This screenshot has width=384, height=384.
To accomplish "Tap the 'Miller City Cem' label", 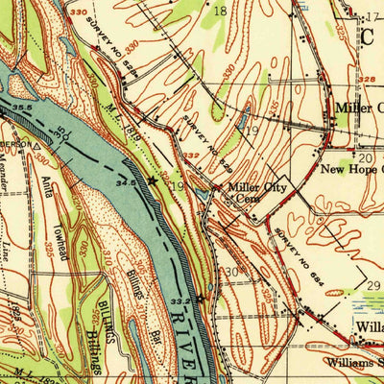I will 243,195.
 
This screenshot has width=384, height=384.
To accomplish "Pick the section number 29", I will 373,286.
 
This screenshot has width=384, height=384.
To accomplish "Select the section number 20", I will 366,156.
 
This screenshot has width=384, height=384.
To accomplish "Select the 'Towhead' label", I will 59,230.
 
